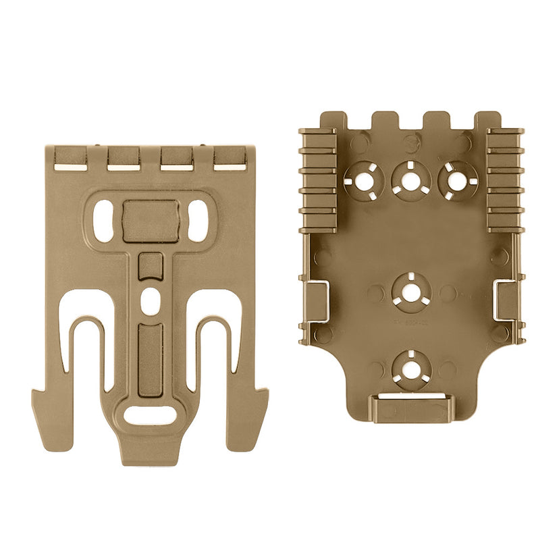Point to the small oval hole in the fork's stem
click(x=150, y=297)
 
